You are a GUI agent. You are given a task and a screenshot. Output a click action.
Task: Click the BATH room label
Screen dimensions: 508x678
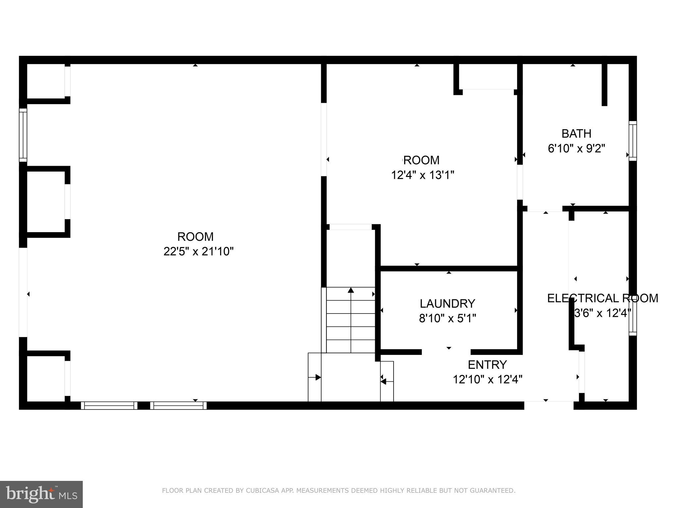(576, 134)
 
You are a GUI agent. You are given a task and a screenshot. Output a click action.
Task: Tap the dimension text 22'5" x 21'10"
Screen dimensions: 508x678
(198, 252)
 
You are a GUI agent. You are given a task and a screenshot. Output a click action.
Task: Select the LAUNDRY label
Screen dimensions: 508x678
(447, 303)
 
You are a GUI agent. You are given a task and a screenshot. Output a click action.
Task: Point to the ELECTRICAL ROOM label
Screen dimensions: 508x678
(602, 298)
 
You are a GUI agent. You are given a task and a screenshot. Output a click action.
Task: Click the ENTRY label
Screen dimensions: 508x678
(487, 364)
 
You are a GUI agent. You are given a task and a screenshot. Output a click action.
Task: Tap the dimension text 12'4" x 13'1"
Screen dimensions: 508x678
(422, 175)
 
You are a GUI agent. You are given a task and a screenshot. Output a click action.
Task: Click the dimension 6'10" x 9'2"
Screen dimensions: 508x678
(576, 148)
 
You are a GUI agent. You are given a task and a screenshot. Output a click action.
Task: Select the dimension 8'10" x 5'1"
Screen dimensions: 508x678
(447, 318)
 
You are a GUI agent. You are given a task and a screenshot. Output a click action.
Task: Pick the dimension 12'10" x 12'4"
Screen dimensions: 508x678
(487, 379)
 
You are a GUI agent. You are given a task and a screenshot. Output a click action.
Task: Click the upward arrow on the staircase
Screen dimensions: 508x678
(351, 290)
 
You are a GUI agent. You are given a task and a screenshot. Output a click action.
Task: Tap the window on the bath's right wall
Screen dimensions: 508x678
(632, 141)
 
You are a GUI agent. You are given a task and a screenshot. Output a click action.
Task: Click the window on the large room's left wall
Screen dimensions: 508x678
(23, 135)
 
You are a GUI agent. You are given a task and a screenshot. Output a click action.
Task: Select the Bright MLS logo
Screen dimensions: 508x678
(41, 494)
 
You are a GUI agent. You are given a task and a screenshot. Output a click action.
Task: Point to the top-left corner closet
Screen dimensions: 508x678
(45, 81)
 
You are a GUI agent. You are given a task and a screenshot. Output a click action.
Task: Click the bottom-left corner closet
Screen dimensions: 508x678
(45, 378)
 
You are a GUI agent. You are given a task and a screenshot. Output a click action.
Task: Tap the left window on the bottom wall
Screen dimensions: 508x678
(109, 405)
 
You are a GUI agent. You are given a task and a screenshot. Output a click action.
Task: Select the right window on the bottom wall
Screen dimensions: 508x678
(178, 405)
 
